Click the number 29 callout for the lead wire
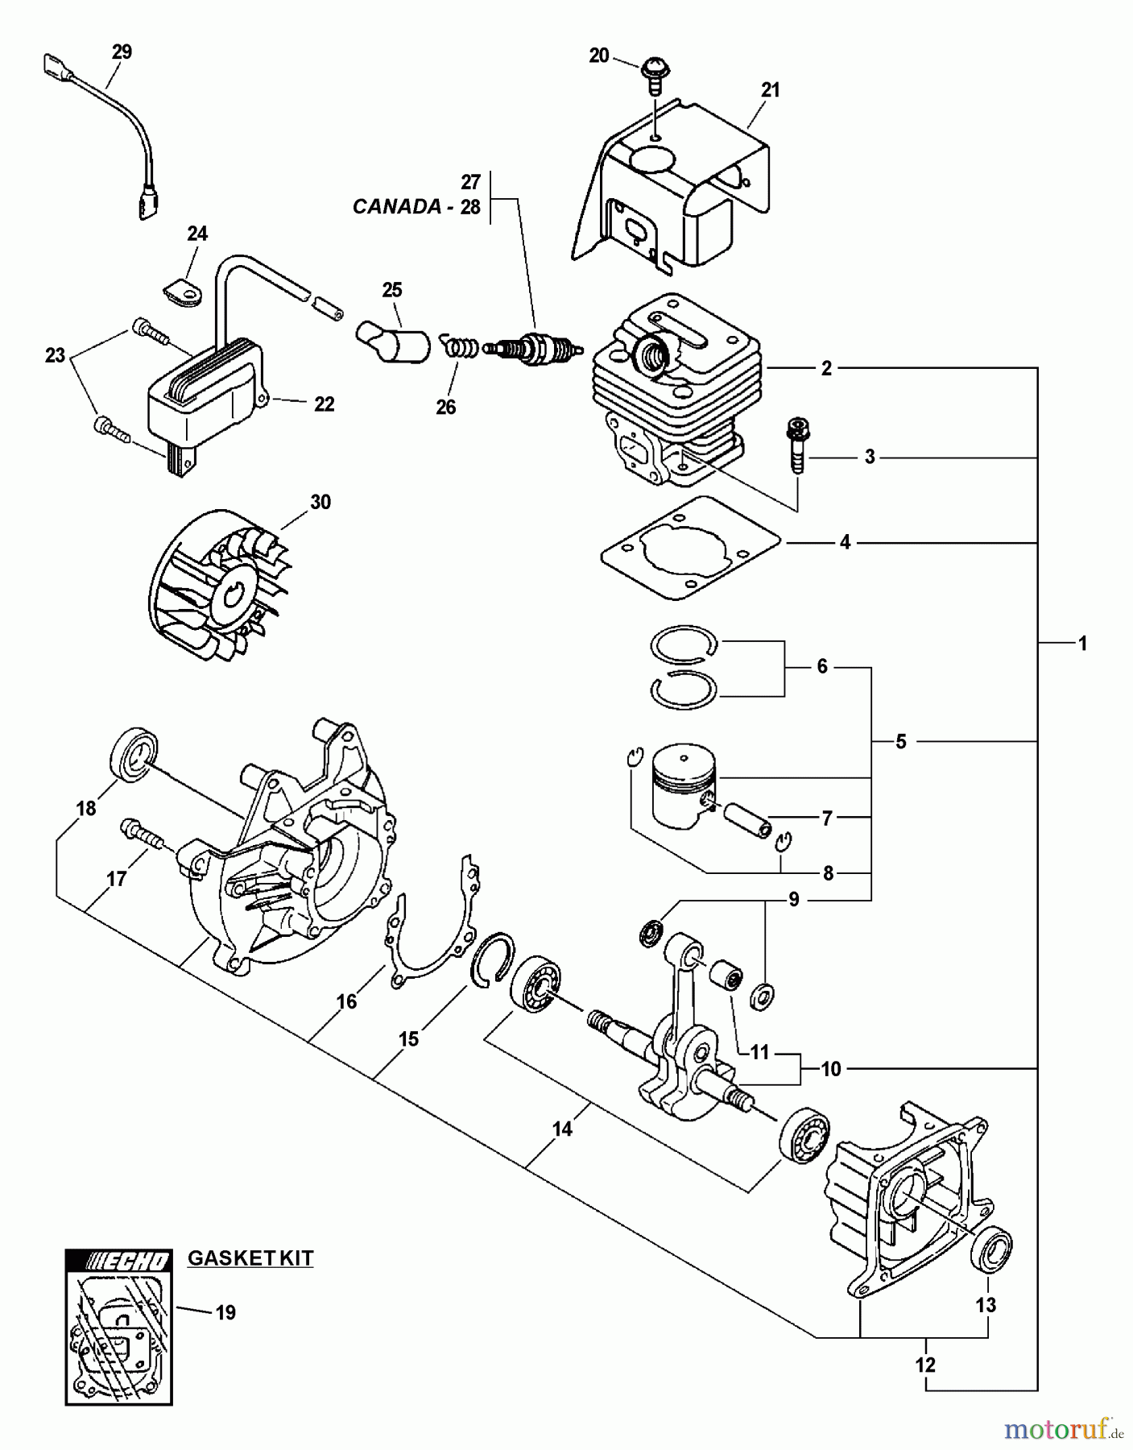pos(122,52)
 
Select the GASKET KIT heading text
pos(250,1258)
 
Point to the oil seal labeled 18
pos(129,755)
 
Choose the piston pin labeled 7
pos(747,820)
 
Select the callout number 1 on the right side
pos(1082,644)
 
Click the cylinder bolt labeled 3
pos(798,447)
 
